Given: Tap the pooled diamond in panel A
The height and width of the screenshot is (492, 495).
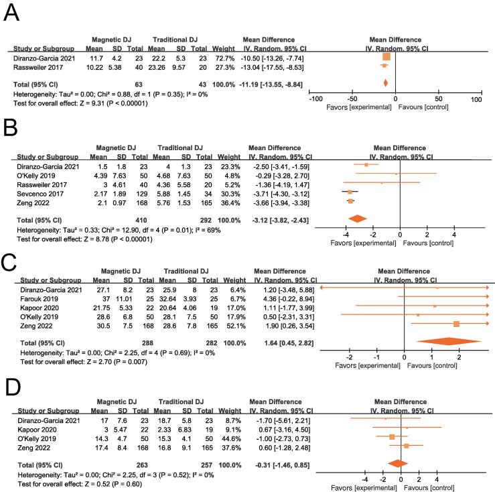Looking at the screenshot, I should coord(385,82).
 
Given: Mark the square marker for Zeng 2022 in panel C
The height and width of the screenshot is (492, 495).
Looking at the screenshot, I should coord(457,324).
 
